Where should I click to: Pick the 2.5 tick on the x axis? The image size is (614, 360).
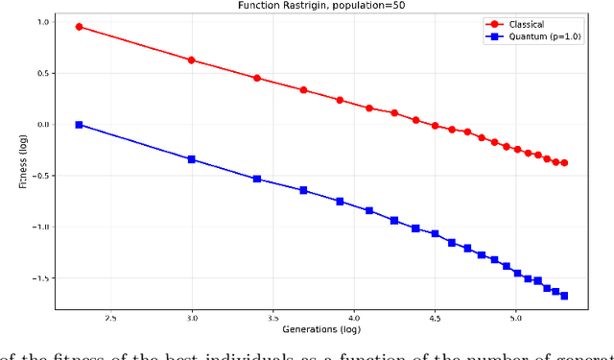[111, 317]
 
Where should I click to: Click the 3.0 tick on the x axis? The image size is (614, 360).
[192, 317]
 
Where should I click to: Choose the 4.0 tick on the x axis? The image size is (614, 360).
[354, 317]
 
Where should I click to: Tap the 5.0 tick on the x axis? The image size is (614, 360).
[515, 317]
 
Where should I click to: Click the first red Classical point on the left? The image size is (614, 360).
[79, 27]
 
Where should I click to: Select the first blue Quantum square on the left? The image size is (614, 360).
[79, 125]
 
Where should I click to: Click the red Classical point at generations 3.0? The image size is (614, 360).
[192, 60]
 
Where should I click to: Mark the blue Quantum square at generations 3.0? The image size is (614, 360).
[192, 159]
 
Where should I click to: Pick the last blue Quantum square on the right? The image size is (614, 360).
[564, 296]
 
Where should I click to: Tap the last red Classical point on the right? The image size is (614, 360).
[564, 163]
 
